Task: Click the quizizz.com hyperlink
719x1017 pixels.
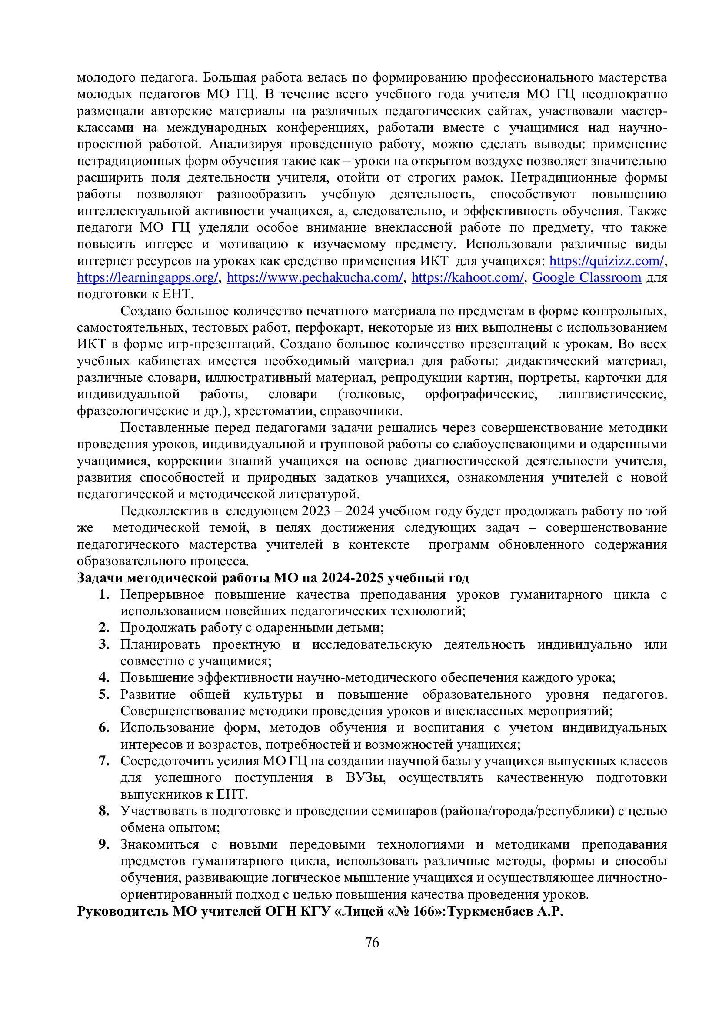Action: pyautogui.click(x=606, y=261)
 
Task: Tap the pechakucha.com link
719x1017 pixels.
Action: pyautogui.click(x=315, y=278)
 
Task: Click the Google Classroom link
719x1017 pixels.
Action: pyautogui.click(x=586, y=278)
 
